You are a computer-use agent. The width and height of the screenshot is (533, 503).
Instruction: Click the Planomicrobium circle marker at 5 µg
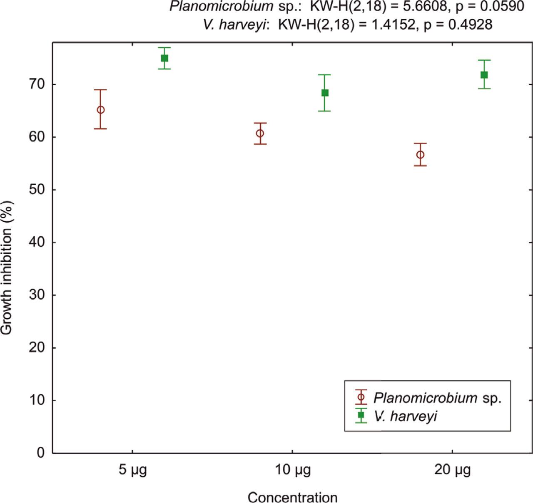click(x=100, y=110)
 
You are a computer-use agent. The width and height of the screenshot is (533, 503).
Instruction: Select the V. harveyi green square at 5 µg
click(x=164, y=58)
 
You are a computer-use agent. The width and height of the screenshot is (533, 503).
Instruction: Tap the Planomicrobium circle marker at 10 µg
click(x=260, y=133)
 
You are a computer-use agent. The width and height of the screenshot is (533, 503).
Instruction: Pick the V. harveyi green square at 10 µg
click(x=325, y=93)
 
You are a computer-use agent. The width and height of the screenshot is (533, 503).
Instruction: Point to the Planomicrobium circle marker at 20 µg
click(x=420, y=155)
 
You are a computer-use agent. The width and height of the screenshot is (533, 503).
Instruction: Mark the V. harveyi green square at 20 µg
click(x=484, y=75)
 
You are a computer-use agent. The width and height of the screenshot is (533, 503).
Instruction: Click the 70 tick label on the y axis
click(x=37, y=84)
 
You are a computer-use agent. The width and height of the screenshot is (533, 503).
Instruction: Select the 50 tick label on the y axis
click(x=37, y=190)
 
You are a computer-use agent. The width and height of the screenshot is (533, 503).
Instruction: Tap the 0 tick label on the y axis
click(x=41, y=453)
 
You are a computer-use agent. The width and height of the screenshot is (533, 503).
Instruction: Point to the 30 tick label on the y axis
click(x=37, y=295)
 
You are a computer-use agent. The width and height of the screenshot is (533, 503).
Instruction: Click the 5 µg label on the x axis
click(x=133, y=471)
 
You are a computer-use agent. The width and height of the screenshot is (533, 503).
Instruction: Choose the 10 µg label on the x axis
click(x=292, y=471)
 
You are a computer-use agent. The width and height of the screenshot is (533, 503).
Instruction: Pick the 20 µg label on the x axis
click(x=453, y=471)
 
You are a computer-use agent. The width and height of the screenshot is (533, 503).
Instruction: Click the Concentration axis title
click(x=292, y=497)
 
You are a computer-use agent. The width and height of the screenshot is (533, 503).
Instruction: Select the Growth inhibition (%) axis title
click(x=7, y=268)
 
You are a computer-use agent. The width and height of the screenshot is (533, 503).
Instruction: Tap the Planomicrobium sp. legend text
click(x=437, y=398)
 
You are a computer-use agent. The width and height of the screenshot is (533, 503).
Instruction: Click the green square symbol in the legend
click(x=361, y=415)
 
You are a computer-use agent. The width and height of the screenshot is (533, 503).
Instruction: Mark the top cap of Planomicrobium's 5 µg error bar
click(x=100, y=89)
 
